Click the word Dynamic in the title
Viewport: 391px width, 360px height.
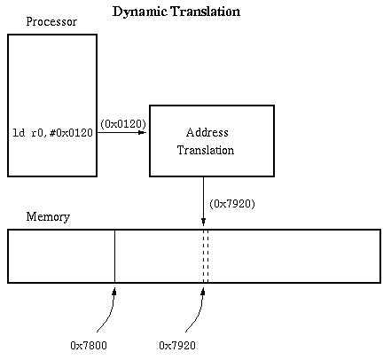pos(140,12)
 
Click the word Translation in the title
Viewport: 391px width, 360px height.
pos(206,12)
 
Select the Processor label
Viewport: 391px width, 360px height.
pos(51,21)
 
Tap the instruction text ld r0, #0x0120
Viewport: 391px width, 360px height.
pos(53,133)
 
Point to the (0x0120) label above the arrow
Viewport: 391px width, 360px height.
pos(123,124)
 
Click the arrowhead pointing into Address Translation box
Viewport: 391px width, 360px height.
pos(143,132)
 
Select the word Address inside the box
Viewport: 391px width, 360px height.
pos(207,132)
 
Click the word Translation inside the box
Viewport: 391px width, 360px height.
pos(206,150)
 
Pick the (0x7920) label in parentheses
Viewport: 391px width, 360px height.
pos(232,204)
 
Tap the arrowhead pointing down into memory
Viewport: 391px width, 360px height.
pos(203,222)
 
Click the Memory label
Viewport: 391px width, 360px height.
pos(48,217)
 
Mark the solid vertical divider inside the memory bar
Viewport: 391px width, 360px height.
pos(114,256)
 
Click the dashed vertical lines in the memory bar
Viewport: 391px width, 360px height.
pos(206,256)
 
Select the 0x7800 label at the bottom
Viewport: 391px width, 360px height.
pos(89,346)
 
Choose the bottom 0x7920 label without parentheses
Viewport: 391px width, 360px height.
pos(177,346)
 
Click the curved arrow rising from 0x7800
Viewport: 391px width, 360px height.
pos(109,313)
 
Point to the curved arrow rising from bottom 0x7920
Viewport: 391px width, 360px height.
pos(198,313)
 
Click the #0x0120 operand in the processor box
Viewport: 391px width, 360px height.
pos(71,133)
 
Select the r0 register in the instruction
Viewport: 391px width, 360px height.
pos(37,133)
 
